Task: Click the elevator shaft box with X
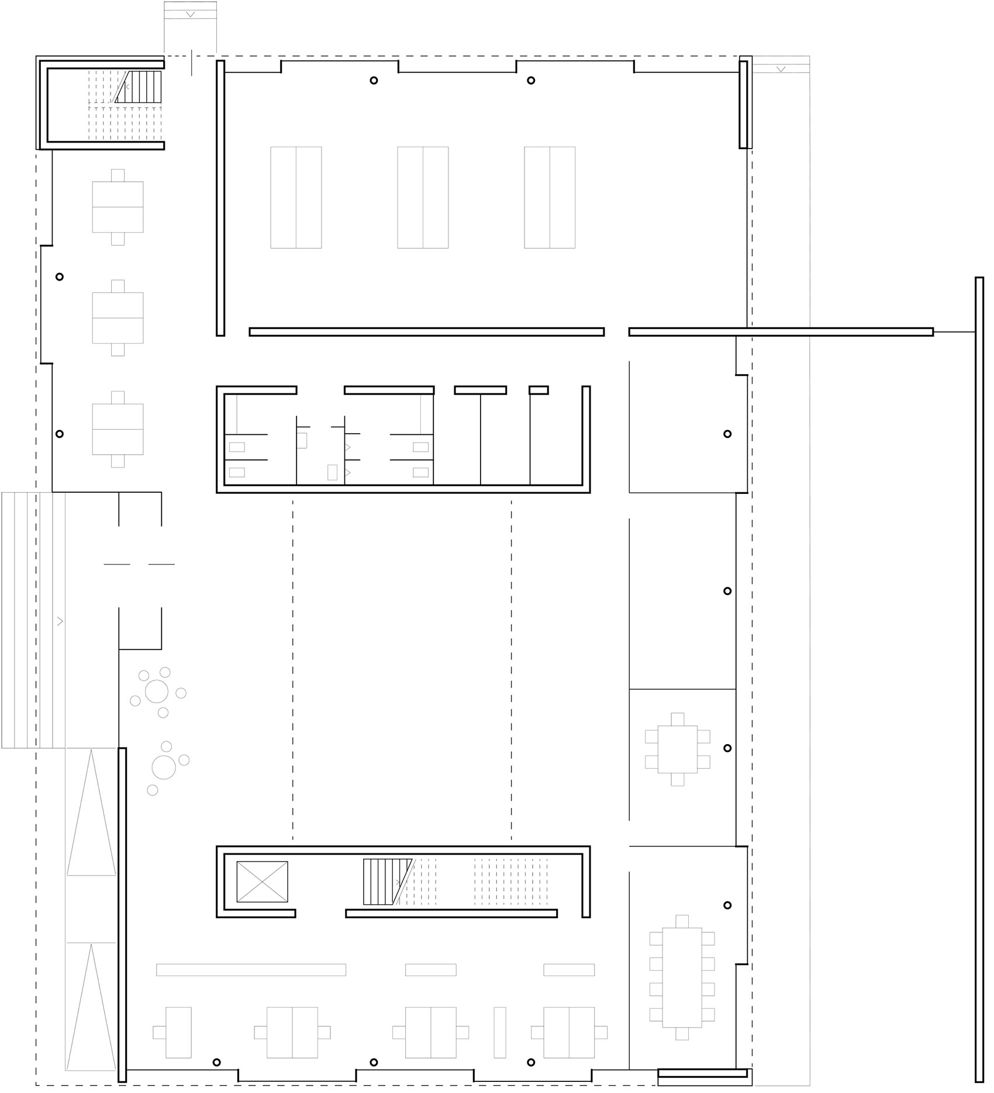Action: pos(262,881)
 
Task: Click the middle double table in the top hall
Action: pos(423,198)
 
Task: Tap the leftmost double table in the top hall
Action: pos(296,198)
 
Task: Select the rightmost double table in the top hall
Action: pos(550,198)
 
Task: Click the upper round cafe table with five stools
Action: pos(157,691)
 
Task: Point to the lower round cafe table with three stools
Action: pos(164,767)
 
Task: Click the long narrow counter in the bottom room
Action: pos(251,970)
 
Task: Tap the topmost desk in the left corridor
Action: pos(118,207)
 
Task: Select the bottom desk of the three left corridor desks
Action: pos(118,429)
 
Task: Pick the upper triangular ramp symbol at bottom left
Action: pos(91,814)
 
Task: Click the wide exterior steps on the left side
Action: pos(33,620)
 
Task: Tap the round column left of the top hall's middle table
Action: pos(374,81)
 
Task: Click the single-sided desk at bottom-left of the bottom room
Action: pos(178,1032)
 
